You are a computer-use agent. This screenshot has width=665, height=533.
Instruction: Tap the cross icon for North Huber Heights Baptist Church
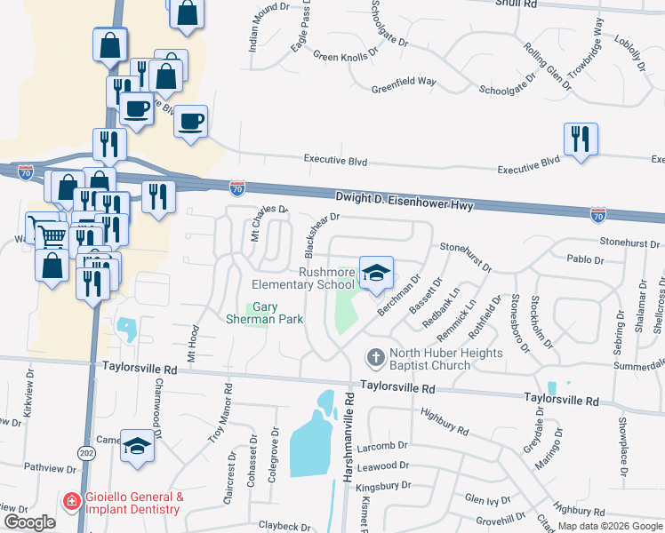(x=375, y=358)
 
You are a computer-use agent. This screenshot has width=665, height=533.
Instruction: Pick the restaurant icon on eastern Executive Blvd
(x=581, y=139)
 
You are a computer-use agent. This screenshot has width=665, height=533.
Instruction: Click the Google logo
(x=29, y=522)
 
